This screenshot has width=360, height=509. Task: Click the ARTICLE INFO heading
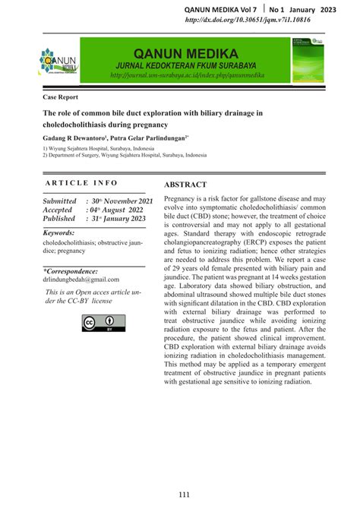(82, 183)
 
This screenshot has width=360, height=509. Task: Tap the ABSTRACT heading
(185, 185)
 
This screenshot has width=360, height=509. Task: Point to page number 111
(185, 495)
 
